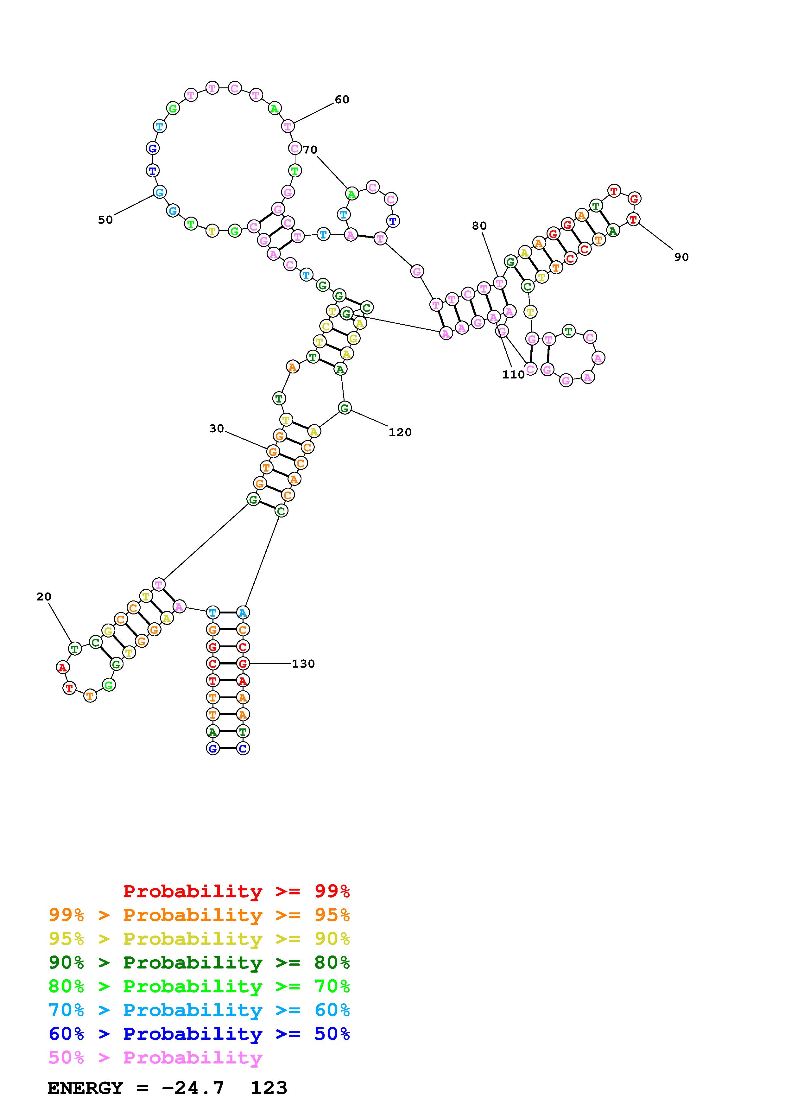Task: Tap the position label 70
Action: coord(310,150)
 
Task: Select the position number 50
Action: coord(105,220)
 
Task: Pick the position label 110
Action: coord(513,375)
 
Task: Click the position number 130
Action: coord(303,664)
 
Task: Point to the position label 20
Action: coord(43,597)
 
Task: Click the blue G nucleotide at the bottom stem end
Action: coord(212,749)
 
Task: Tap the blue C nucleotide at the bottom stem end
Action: coord(243,749)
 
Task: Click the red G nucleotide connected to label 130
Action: coord(243,663)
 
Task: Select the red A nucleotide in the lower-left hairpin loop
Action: coord(62,668)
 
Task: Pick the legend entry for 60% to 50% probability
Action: coord(199,1034)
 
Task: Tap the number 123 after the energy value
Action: coord(269,1088)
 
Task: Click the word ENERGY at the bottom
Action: coord(85,1088)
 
